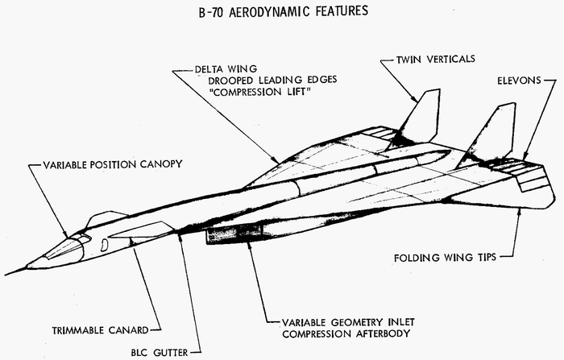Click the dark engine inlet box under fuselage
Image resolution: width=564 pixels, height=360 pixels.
click(x=234, y=235)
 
